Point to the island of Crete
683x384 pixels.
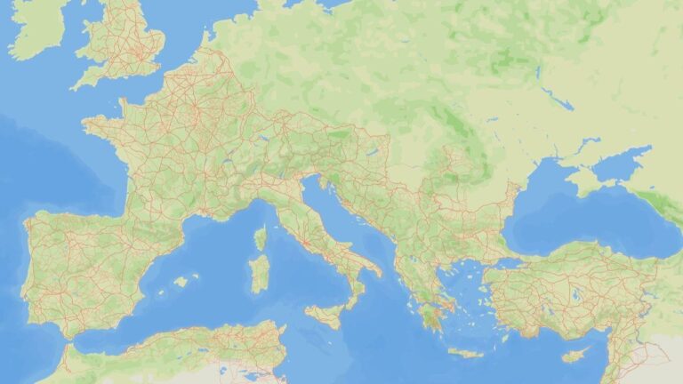point(464,353)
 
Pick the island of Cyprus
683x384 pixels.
point(575,355)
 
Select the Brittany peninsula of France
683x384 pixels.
point(100,127)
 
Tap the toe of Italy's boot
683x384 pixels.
point(350,300)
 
